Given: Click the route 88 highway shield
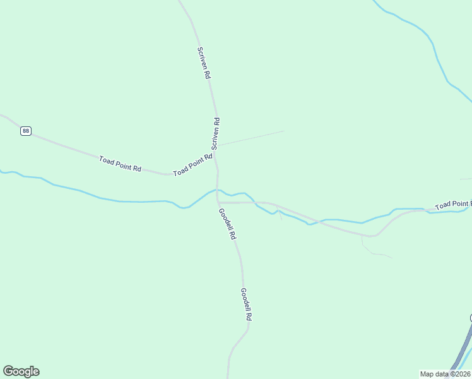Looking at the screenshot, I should click(25, 131).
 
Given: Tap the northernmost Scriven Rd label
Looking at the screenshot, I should click(203, 63).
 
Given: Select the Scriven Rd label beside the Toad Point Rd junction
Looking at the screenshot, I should click(216, 133).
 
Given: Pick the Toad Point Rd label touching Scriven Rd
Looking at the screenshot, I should click(193, 164).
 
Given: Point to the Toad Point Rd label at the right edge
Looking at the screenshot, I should click(453, 205).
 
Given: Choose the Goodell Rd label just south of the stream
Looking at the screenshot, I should click(227, 224).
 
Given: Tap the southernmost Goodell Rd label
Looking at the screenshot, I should click(246, 304).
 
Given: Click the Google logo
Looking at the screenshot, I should click(21, 371).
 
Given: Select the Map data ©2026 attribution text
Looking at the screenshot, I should click(445, 374).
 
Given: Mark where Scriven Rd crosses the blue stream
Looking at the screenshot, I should click(218, 189).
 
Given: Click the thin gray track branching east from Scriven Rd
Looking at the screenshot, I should click(252, 138).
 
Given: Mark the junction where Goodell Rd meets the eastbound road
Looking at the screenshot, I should click(218, 203).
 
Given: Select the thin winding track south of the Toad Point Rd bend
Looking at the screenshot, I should click(375, 253).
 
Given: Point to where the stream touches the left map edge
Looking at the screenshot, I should click(2, 171).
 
